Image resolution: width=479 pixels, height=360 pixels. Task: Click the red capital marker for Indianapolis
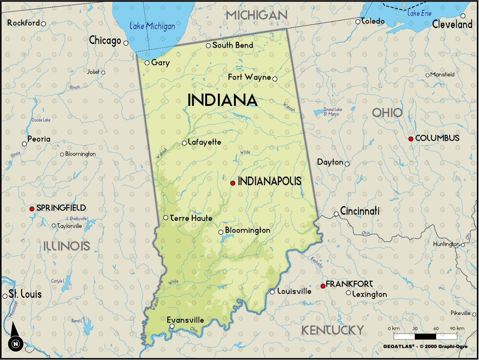point(233,183)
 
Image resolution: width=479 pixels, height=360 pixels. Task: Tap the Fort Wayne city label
point(249,77)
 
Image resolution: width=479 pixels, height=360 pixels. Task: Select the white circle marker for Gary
point(147,63)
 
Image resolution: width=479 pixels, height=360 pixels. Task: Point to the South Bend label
point(233,45)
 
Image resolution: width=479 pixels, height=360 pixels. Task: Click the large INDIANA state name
point(223,100)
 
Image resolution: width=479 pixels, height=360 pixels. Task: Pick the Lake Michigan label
point(152,26)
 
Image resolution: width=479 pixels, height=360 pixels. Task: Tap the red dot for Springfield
point(32,209)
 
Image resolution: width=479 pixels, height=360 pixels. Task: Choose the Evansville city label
point(185,320)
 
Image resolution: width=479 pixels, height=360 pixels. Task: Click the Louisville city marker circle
point(272,292)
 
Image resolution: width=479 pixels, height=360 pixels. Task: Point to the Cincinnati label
point(360,211)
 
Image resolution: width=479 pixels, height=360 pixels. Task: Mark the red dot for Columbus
point(411,139)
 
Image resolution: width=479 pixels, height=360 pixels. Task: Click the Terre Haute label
point(191,218)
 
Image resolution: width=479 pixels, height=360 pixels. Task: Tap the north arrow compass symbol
point(15,337)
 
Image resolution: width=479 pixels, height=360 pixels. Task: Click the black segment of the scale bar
point(425,336)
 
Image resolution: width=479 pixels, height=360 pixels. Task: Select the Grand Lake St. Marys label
point(332,112)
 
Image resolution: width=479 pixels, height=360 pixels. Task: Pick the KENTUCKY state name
point(332,330)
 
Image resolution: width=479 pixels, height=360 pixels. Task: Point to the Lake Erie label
point(419,13)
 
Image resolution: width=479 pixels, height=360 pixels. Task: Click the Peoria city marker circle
point(24,144)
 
